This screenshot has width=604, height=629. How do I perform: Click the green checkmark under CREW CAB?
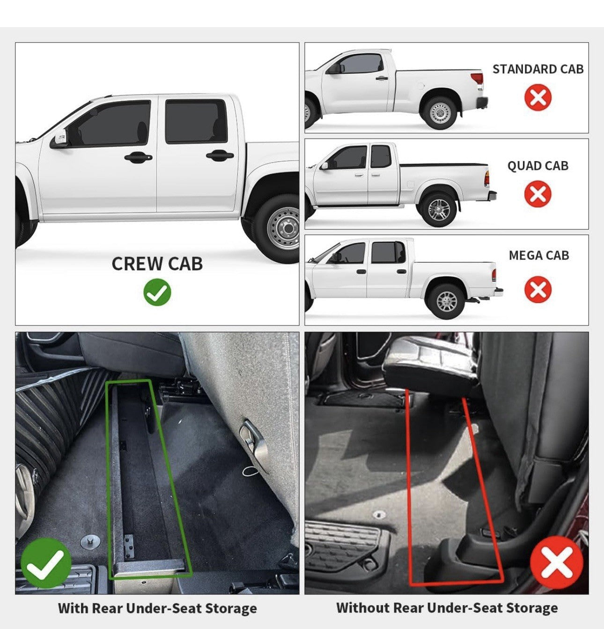(x=157, y=292)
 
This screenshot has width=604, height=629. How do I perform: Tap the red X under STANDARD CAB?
(x=538, y=97)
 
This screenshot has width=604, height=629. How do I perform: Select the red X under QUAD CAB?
(x=538, y=193)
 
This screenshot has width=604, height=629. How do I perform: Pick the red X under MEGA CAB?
(x=538, y=289)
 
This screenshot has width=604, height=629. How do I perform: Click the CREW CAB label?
(x=157, y=264)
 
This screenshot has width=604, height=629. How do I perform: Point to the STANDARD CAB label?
(x=538, y=69)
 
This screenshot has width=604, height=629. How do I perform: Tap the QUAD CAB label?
(x=538, y=166)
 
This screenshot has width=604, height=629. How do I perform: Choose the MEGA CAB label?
(x=539, y=255)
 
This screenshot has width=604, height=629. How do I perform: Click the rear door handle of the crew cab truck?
(x=220, y=155)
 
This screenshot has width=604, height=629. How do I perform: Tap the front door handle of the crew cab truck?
(x=138, y=157)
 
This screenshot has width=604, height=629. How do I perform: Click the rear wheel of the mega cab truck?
(x=447, y=301)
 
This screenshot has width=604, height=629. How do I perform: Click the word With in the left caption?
(x=74, y=608)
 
